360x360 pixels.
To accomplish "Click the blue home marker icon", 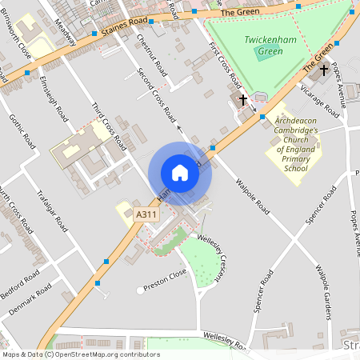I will (x=180, y=173).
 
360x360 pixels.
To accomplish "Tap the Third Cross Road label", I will (x=109, y=126).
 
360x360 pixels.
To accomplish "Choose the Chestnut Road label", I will (x=152, y=52).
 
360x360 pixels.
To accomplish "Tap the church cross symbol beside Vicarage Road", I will (x=324, y=70).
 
